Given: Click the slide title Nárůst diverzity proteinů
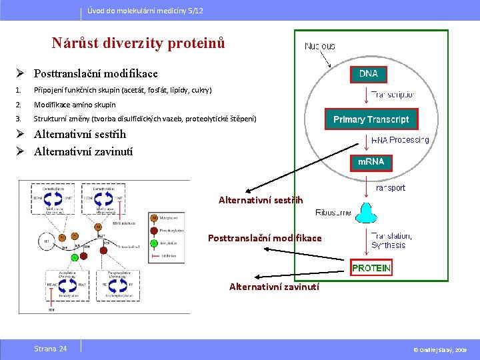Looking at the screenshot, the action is click(x=138, y=43).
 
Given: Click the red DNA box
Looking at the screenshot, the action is click(x=368, y=73).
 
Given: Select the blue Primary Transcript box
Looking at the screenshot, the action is click(x=371, y=120).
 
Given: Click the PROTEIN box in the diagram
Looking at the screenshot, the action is click(x=371, y=268).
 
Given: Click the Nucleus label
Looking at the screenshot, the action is click(x=319, y=46).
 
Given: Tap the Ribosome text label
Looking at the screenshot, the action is click(x=333, y=213).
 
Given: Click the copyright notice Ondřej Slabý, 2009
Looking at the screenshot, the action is click(x=441, y=349).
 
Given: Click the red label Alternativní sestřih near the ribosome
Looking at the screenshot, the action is click(x=261, y=199).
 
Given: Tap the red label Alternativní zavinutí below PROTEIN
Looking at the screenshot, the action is click(x=274, y=287).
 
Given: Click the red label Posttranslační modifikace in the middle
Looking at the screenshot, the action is click(x=265, y=238).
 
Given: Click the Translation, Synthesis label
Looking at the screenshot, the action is click(x=391, y=240).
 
